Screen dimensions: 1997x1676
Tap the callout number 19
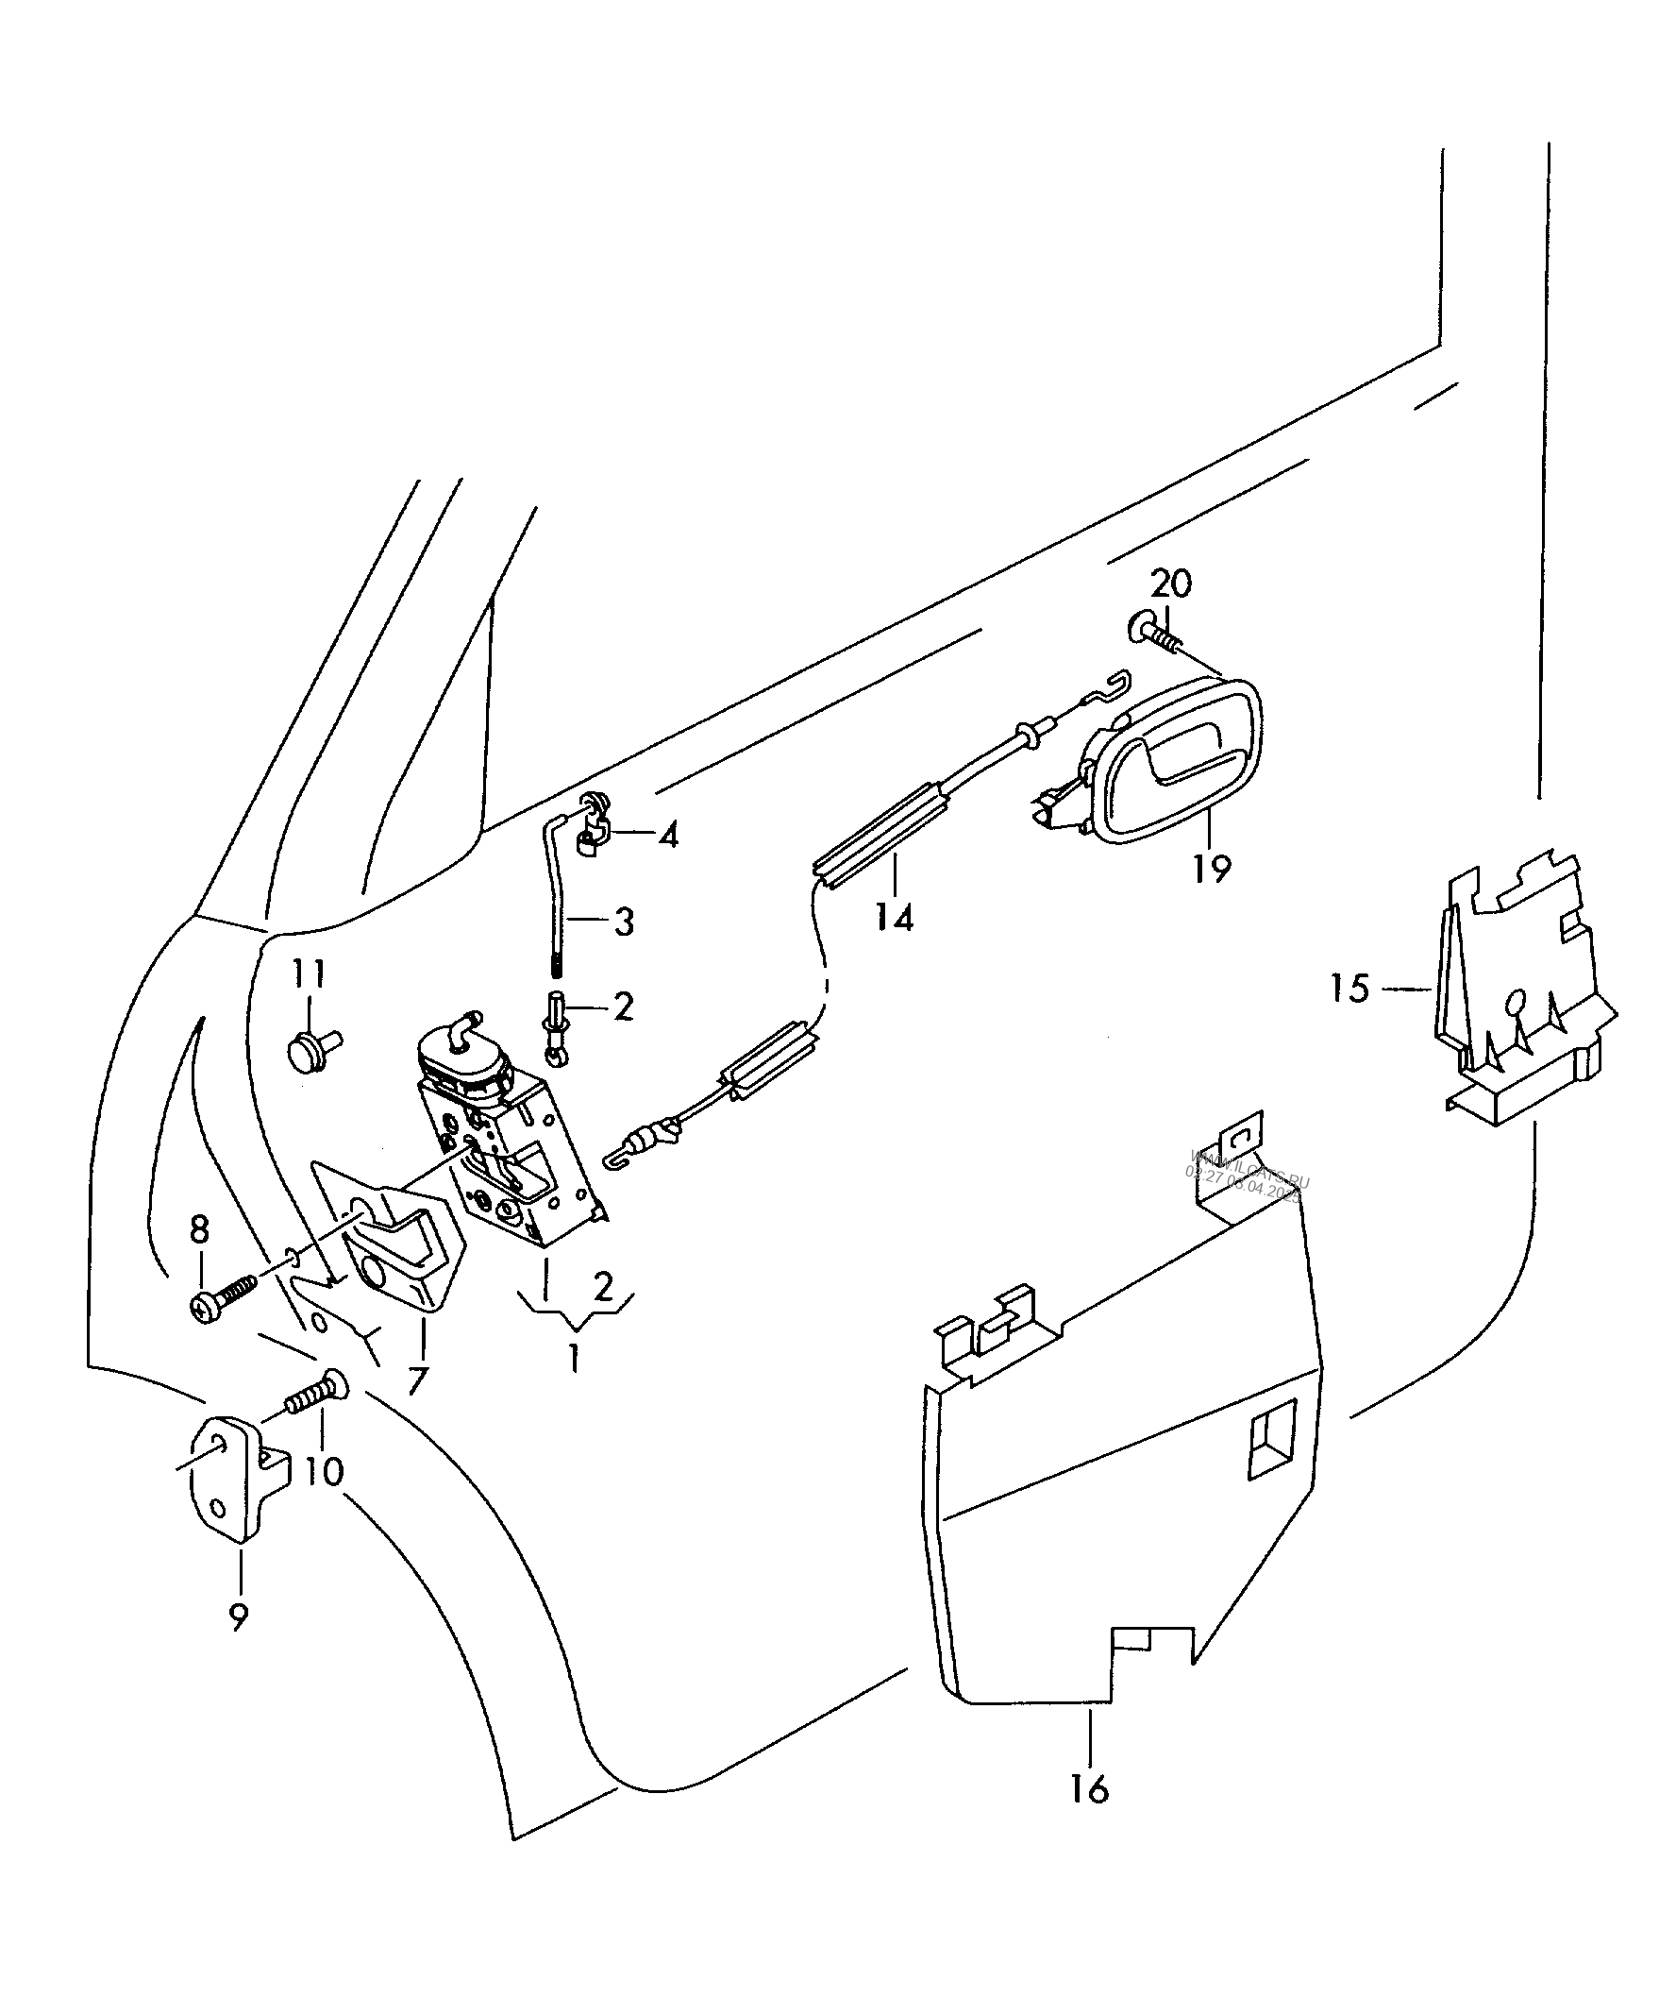tap(1212, 869)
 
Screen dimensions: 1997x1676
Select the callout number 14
tap(894, 918)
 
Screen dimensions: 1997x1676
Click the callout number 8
tap(199, 1229)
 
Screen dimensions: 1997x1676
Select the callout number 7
tap(417, 1380)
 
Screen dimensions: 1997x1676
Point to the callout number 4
tap(669, 836)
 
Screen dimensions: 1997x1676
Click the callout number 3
tap(624, 921)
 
